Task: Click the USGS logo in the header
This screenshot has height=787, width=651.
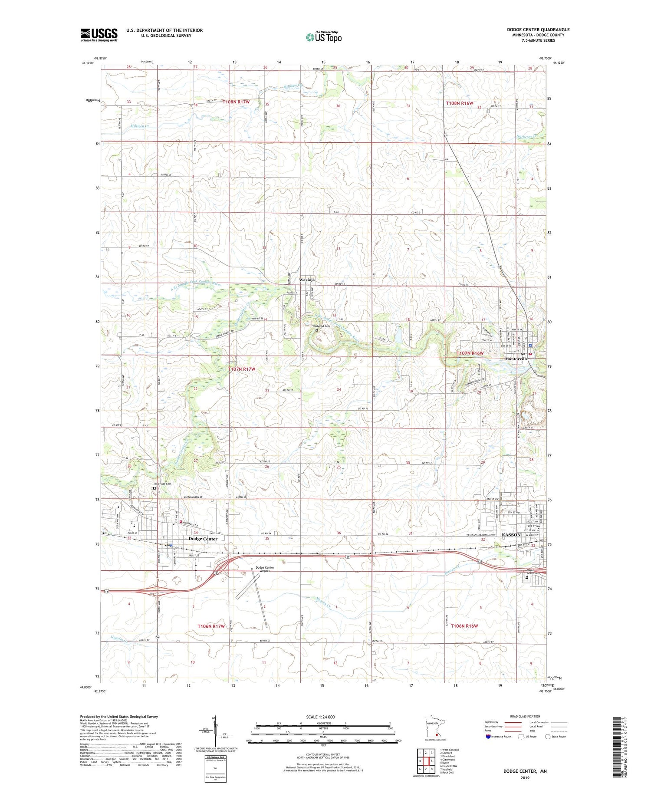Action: (x=99, y=35)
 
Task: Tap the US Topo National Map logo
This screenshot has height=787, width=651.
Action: (x=324, y=37)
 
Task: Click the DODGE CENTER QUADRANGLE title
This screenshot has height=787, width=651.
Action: (x=538, y=30)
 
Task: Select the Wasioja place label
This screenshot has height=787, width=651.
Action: (x=306, y=280)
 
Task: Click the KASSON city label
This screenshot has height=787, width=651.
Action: (x=511, y=535)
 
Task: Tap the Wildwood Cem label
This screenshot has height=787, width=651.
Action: (x=322, y=326)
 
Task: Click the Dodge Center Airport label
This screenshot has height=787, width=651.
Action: (x=265, y=569)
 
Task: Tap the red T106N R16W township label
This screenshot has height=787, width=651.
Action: (x=464, y=626)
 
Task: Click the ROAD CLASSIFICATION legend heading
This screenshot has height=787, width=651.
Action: (x=525, y=716)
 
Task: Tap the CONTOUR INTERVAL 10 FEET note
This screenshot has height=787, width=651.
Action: (x=323, y=754)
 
